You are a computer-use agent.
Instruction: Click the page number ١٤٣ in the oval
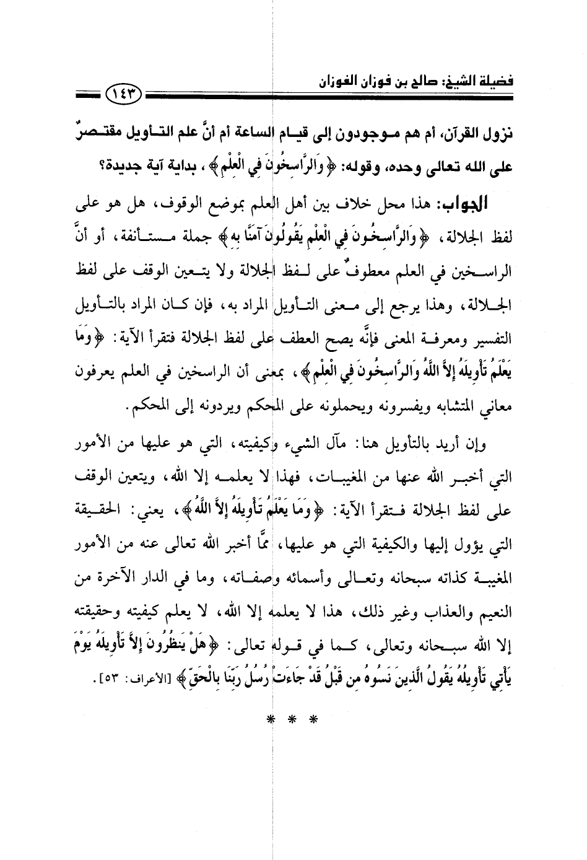click(x=124, y=96)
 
